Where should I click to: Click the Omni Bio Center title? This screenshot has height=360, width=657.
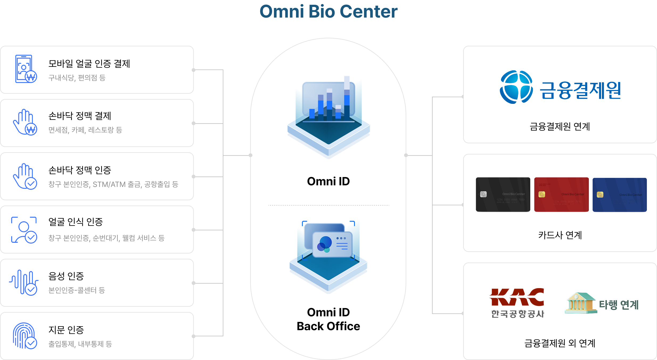[x=328, y=12]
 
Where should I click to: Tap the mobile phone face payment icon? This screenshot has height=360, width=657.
[x=25, y=69]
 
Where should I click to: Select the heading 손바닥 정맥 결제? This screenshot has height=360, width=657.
[x=80, y=116]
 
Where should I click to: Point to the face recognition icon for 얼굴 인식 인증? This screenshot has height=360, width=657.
[x=24, y=230]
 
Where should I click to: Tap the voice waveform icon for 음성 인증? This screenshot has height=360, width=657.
[x=24, y=283]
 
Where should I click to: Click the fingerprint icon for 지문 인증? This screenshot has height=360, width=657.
[x=25, y=336]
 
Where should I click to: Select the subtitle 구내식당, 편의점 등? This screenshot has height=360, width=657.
[x=77, y=78]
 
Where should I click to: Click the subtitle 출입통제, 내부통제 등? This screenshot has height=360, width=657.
[x=80, y=344]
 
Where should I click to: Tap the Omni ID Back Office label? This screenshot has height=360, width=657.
[x=328, y=319]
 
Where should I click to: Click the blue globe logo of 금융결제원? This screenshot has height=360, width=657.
[x=516, y=87]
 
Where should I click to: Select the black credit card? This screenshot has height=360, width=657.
[x=503, y=195]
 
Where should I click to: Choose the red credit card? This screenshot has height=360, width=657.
[x=561, y=195]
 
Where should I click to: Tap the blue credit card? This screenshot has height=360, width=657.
[x=619, y=195]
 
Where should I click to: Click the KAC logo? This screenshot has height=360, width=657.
[x=517, y=297]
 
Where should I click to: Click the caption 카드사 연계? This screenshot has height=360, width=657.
[x=560, y=235]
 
